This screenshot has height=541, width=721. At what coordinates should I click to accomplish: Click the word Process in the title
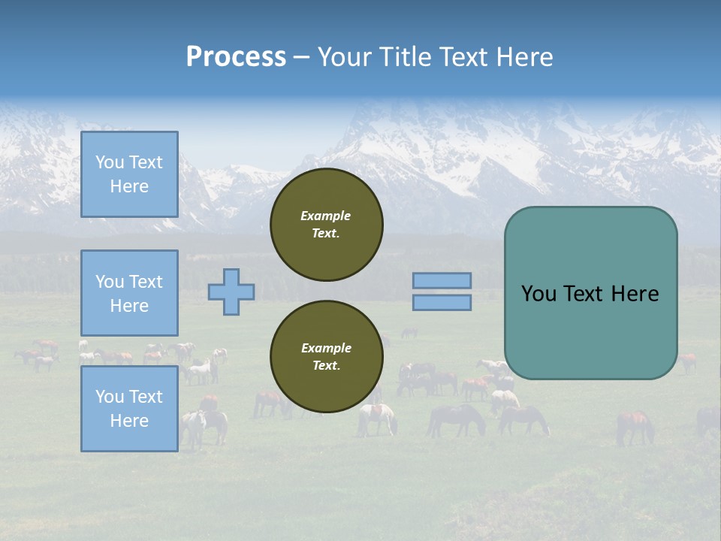tap(236, 57)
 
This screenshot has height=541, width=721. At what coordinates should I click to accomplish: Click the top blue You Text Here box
tap(129, 174)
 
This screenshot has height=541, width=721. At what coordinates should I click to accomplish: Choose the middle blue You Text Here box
tap(129, 293)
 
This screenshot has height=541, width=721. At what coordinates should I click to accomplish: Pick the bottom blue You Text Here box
tap(129, 409)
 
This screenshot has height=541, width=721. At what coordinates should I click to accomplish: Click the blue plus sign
tap(231, 292)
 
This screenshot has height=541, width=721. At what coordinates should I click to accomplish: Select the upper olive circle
tap(327, 225)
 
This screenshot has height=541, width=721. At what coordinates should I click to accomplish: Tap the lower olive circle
tap(327, 357)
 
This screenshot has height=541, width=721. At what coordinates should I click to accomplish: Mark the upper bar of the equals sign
tap(442, 280)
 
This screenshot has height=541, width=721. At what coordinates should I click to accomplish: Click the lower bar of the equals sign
tap(442, 302)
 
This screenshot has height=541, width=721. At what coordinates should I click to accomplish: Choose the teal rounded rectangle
tap(590, 293)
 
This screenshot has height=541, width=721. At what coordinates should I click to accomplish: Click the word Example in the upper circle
tap(326, 216)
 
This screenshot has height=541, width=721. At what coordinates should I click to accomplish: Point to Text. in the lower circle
tap(326, 366)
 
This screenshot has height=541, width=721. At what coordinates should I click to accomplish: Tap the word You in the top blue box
tap(110, 162)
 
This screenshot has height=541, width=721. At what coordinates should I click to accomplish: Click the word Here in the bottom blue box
tap(129, 421)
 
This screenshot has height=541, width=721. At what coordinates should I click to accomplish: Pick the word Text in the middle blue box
tap(145, 282)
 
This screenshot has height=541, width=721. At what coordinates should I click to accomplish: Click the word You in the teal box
tap(538, 294)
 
